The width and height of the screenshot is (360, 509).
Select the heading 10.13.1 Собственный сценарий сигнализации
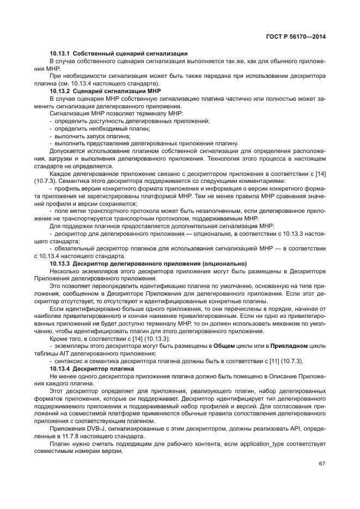119,53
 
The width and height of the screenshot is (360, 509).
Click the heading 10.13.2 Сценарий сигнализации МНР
108,90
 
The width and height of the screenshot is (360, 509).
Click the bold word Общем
223,346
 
